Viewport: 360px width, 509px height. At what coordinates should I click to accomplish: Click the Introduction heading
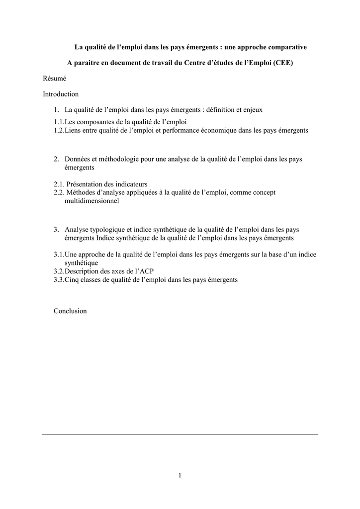click(x=61, y=94)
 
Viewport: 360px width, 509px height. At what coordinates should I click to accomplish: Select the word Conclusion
click(x=70, y=311)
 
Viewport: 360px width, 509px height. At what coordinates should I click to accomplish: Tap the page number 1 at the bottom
click(x=180, y=476)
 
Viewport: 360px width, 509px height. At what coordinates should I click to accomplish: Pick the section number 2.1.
click(x=59, y=184)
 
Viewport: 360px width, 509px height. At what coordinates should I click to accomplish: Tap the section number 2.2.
click(x=59, y=192)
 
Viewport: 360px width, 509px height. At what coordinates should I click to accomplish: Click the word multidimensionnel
click(x=91, y=201)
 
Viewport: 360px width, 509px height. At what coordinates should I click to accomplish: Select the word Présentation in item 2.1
click(x=85, y=184)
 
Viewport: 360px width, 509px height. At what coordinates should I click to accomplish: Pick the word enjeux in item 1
click(x=252, y=109)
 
